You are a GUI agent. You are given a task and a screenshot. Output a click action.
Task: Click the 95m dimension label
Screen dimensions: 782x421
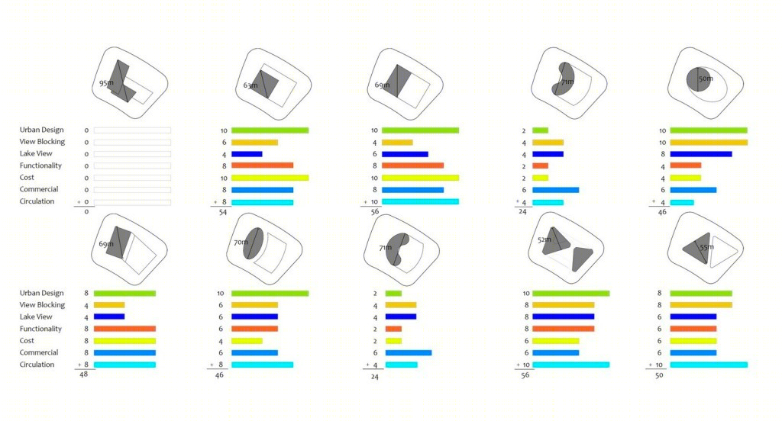click(x=106, y=83)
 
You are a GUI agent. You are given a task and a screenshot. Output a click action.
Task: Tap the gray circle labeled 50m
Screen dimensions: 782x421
click(x=698, y=79)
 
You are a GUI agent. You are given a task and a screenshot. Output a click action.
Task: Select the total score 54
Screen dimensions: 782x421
click(x=223, y=212)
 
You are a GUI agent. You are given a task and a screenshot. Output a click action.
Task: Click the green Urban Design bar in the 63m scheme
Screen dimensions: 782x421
click(x=270, y=130)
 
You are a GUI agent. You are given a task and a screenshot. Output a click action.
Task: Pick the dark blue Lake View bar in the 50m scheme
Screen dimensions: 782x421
click(x=701, y=154)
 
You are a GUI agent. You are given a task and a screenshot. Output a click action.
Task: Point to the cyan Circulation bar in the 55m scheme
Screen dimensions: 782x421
click(x=709, y=365)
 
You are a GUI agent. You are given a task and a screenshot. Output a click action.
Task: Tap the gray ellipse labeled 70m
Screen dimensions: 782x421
click(x=254, y=243)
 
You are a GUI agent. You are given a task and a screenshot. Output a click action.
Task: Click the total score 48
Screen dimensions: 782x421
click(x=84, y=374)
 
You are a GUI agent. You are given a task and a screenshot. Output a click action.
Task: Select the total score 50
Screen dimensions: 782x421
click(x=659, y=375)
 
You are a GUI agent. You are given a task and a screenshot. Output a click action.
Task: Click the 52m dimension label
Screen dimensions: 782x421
click(x=544, y=239)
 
